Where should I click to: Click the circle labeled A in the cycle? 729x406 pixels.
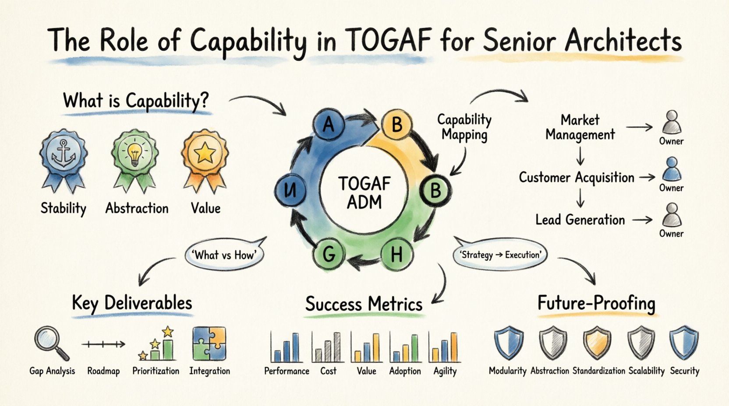(329, 125)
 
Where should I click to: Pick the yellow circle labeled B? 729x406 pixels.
(396, 124)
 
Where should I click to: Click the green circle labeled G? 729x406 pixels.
(329, 253)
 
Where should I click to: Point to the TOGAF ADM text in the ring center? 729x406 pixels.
(364, 193)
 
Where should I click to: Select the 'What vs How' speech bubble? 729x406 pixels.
(225, 255)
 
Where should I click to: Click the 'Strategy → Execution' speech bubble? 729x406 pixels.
(500, 255)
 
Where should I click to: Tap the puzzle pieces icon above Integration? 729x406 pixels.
(209, 343)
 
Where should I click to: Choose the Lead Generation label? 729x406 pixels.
(580, 220)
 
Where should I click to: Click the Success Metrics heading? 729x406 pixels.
(364, 304)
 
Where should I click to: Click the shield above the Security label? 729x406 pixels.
(683, 343)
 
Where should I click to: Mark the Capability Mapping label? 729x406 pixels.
(464, 127)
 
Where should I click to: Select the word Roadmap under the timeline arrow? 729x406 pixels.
(103, 371)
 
